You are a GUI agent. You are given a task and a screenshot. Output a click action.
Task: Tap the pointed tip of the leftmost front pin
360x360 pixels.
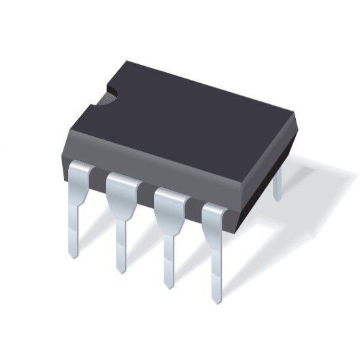74,256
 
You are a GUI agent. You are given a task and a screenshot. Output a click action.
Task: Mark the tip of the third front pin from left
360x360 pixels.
169,287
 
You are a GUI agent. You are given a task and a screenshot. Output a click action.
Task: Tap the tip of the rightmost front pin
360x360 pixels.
217,302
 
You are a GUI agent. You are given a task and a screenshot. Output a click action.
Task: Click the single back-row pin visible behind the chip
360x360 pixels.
278,183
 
